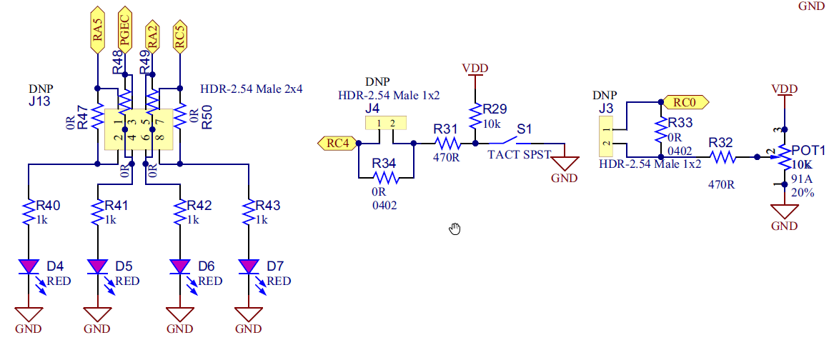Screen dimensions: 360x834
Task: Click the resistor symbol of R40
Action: [29, 212]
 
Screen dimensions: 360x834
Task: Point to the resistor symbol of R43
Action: [249, 212]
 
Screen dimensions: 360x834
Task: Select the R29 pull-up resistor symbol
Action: [475, 114]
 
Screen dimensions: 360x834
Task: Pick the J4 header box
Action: [386, 124]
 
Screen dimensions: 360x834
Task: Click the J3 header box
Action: [606, 139]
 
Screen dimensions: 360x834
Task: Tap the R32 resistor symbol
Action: [723, 156]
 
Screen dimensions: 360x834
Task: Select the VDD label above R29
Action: [475, 69]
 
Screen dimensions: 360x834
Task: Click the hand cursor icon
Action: [455, 229]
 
